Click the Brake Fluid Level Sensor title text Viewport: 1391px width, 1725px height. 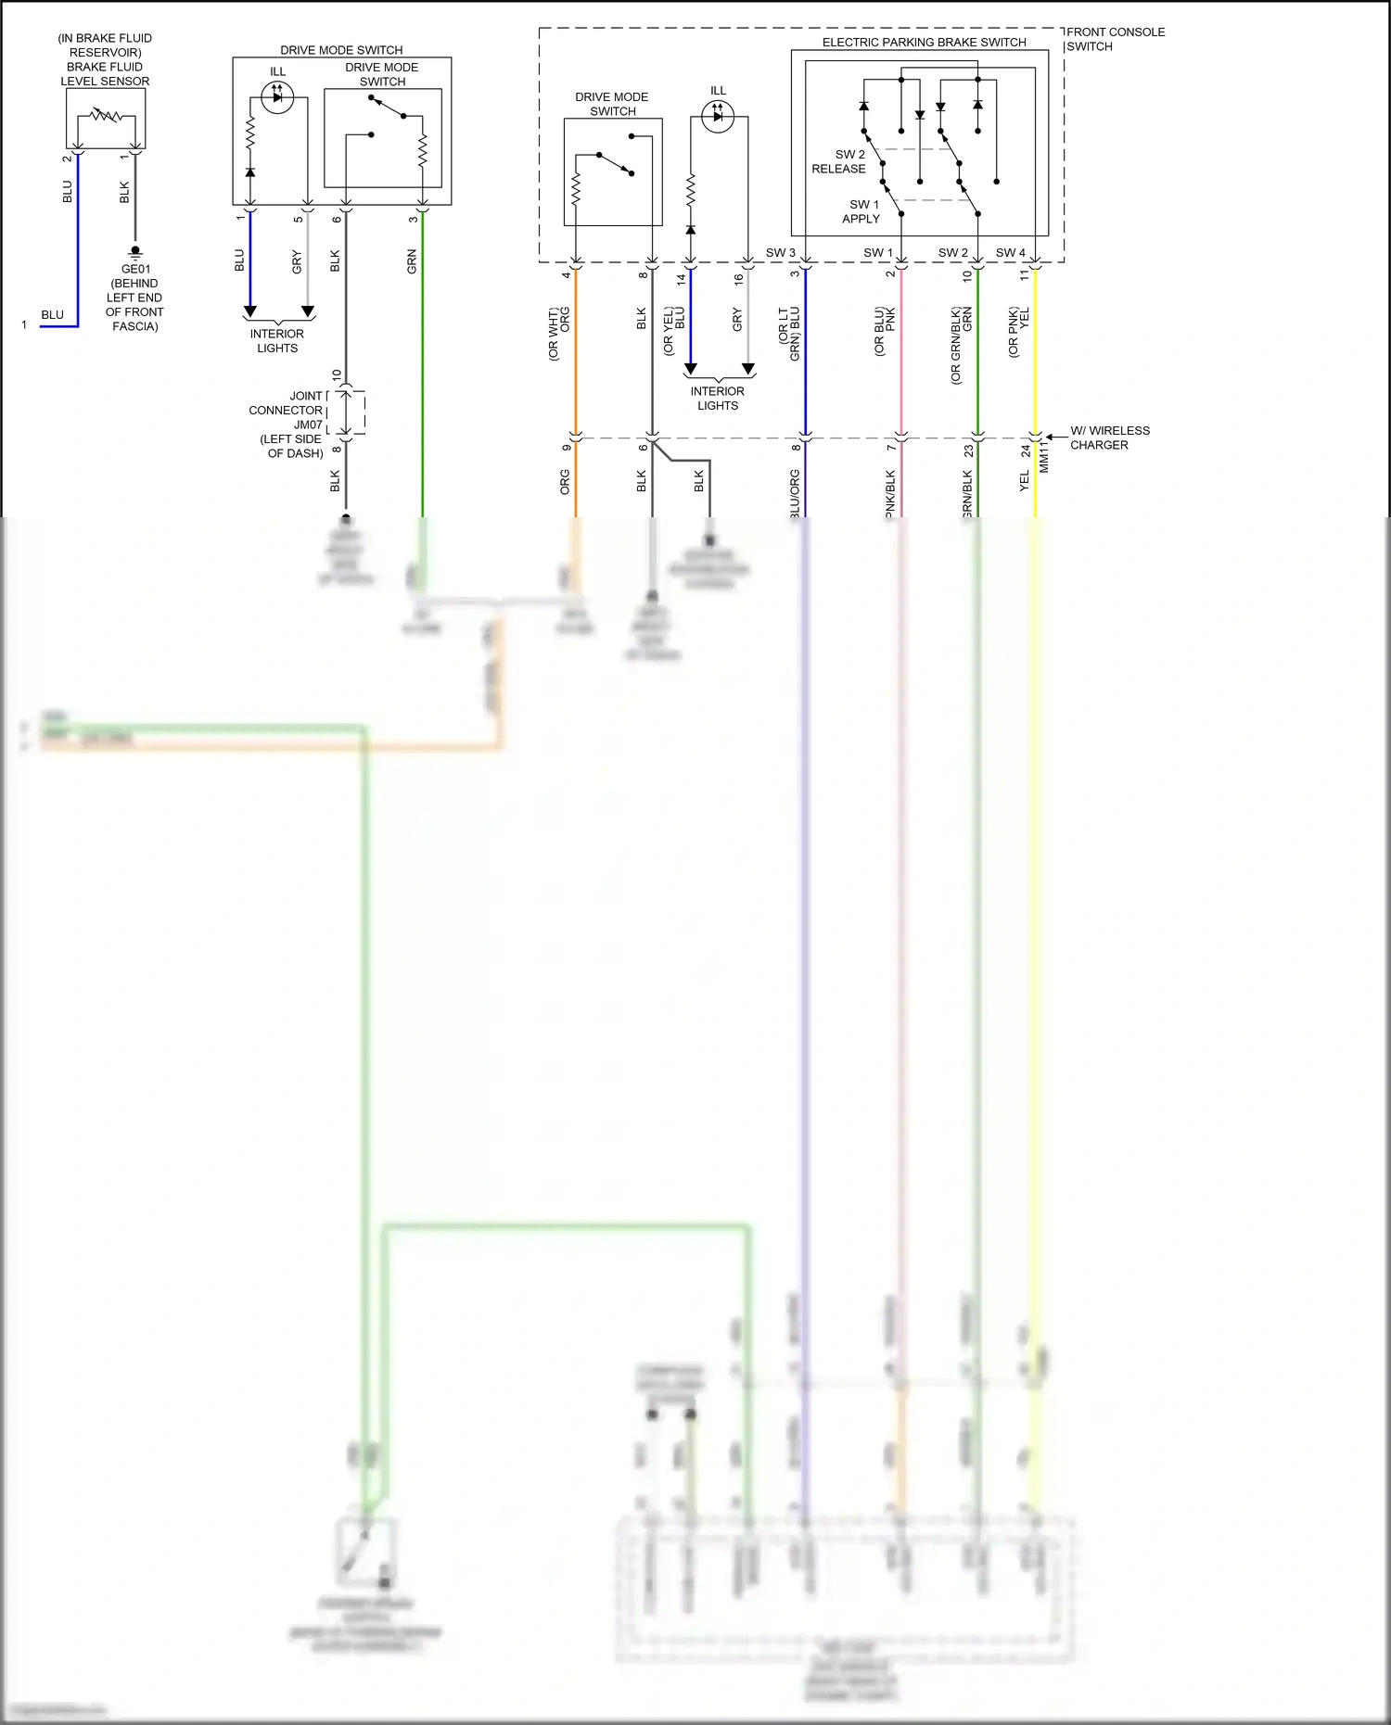[x=105, y=59]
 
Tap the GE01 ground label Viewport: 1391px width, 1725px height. [x=135, y=297]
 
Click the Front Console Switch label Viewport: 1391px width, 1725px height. [x=1115, y=39]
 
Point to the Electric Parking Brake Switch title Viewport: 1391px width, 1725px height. [x=924, y=42]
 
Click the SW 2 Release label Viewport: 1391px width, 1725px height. [x=840, y=161]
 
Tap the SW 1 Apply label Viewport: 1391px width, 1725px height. [x=861, y=211]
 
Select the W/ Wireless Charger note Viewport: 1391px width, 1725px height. [x=1109, y=438]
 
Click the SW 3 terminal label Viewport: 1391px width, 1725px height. [x=780, y=252]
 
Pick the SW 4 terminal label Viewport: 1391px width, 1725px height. [x=1010, y=252]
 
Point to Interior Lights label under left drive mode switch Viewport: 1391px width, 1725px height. [x=277, y=340]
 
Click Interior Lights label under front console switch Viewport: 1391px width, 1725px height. [x=718, y=398]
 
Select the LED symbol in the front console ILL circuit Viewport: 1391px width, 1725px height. [x=718, y=116]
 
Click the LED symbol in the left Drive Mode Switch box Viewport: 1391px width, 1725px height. [x=277, y=97]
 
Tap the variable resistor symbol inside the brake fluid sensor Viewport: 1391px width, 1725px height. [x=105, y=116]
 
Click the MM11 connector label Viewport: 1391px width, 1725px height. [x=1044, y=456]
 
